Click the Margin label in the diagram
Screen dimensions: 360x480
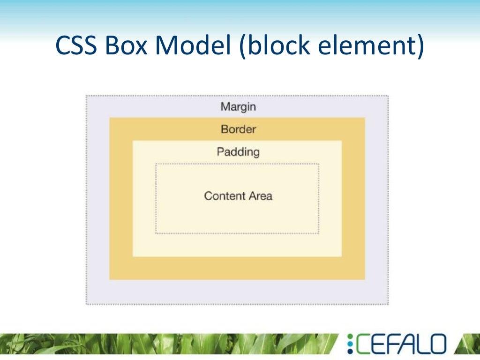click(238, 107)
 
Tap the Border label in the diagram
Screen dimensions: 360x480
click(238, 129)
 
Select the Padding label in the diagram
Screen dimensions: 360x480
click(238, 152)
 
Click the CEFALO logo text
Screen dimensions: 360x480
click(402, 344)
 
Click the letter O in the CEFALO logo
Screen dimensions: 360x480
click(435, 344)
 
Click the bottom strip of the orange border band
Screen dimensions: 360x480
click(237, 268)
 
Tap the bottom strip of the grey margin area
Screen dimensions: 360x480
click(237, 292)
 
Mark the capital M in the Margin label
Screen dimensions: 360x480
click(225, 107)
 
